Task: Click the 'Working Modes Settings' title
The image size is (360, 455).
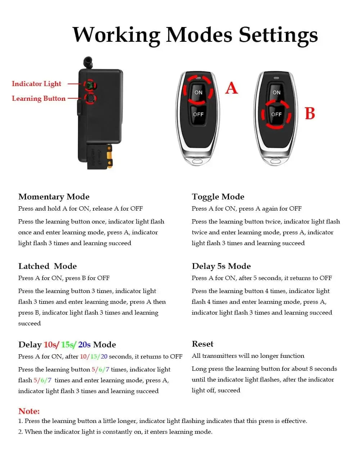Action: tap(195, 35)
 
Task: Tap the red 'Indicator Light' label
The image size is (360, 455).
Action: tap(36, 84)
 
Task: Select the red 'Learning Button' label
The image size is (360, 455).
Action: tap(39, 99)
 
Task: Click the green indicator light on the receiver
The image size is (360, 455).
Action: tap(89, 85)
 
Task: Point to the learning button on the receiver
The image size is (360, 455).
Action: tap(90, 98)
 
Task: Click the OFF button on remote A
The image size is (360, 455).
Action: tap(198, 114)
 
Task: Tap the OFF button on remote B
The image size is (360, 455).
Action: tap(276, 114)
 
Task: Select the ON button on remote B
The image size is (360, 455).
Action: tap(276, 93)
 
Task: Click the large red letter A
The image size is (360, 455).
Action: tap(231, 88)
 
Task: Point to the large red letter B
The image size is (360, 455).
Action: tap(310, 113)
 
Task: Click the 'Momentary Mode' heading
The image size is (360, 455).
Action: tap(54, 197)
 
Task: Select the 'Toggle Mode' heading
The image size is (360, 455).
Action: tap(218, 197)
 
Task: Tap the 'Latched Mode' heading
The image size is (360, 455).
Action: tap(48, 266)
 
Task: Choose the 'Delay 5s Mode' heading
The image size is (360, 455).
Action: tap(221, 266)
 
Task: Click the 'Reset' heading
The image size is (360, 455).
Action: tap(202, 344)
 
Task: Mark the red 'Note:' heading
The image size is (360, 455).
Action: tap(29, 411)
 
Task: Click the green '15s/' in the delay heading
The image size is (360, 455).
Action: tap(68, 344)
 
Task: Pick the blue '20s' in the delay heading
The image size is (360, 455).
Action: tap(84, 344)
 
